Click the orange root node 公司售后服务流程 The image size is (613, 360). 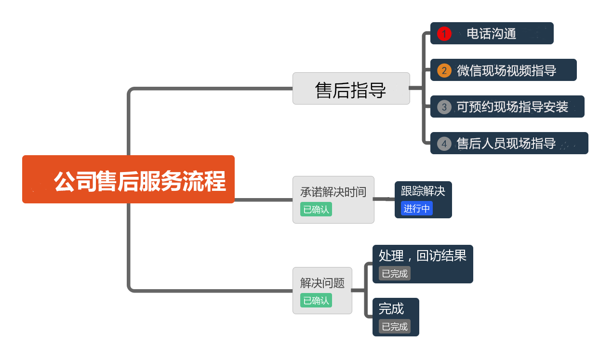128,180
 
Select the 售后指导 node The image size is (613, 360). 351,89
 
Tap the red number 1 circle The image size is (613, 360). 444,34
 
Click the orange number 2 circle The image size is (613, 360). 444,70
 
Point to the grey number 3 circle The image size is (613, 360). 444,107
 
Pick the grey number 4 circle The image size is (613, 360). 444,144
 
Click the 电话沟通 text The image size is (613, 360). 492,34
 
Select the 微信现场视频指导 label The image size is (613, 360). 506,70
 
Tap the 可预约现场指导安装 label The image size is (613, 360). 512,107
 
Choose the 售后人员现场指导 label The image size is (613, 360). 506,144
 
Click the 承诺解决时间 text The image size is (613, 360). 333,192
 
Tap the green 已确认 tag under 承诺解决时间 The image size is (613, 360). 316,210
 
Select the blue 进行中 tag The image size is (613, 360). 417,208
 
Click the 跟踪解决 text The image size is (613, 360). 423,191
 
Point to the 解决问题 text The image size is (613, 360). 322,283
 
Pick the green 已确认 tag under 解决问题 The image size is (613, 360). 316,300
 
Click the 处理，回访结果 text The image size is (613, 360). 423,255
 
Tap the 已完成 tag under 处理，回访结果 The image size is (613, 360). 395,273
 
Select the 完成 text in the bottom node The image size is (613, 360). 391,308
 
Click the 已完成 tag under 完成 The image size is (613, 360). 395,326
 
